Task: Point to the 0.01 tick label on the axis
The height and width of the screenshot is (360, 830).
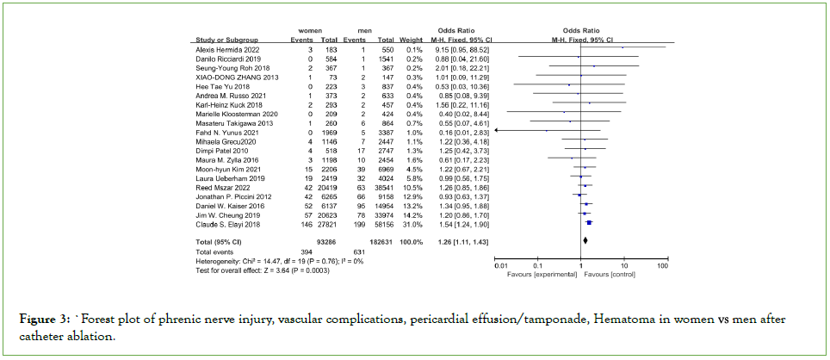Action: tap(500, 267)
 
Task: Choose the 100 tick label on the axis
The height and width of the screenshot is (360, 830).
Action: tap(663, 267)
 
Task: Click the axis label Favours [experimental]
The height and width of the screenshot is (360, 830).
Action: tap(542, 275)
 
